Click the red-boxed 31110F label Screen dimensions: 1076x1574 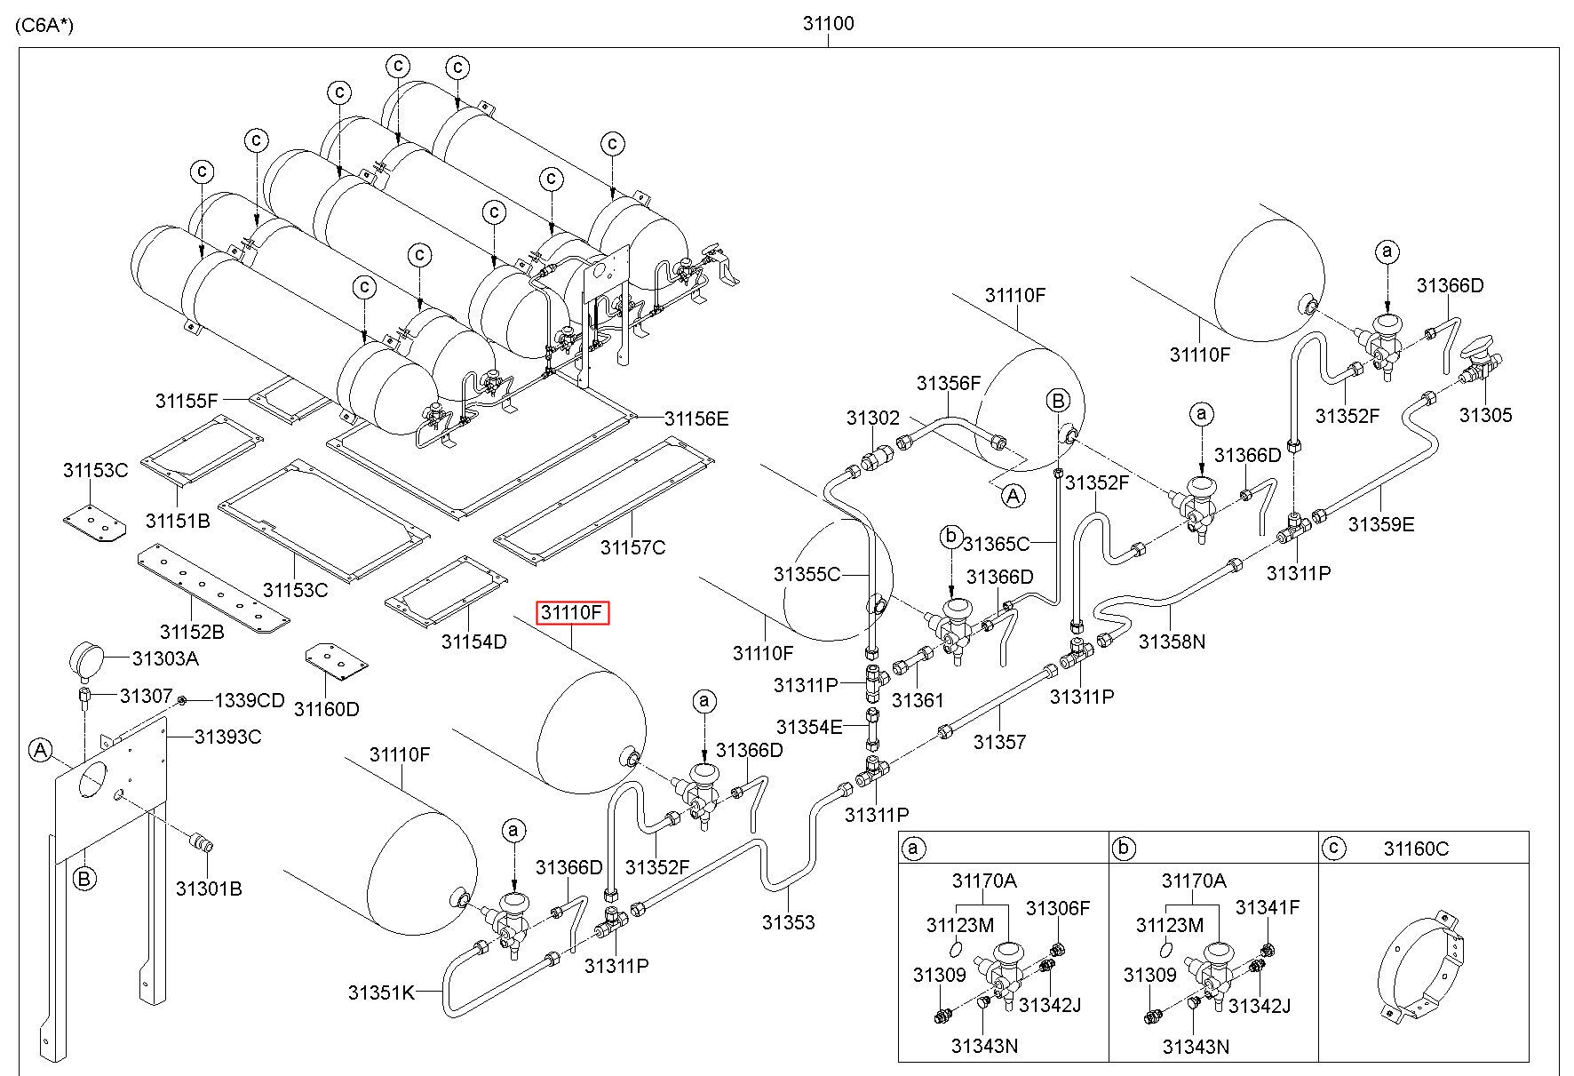pos(572,612)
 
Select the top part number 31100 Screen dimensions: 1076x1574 pos(828,24)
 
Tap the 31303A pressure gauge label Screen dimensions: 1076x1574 pos(165,658)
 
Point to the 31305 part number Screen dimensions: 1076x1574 pos(1485,415)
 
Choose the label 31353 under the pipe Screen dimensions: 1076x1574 pos(788,922)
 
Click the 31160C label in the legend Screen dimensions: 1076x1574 pos(1416,849)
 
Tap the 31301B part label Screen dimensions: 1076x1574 pos(208,889)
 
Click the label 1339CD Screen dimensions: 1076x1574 pos(250,701)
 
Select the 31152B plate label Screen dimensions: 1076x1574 pos(192,632)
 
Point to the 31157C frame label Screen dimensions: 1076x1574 pos(632,547)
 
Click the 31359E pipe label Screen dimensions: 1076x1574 pos(1380,524)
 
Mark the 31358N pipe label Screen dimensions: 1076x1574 pos(1172,641)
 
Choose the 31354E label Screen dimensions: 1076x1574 pos(808,728)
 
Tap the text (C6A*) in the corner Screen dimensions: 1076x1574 pos(44,25)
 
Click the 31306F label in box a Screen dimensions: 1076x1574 pos(1057,908)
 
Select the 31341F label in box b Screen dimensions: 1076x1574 pos(1268,908)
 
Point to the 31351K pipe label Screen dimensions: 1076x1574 pos(381,992)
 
